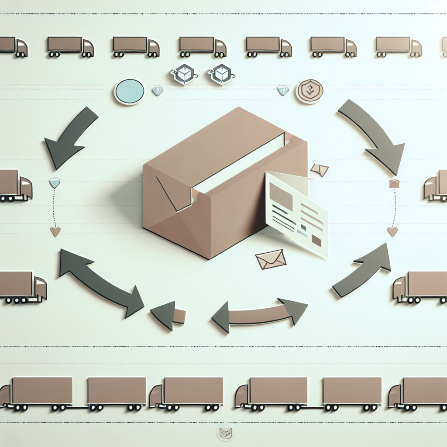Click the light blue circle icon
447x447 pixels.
pyautogui.click(x=129, y=92)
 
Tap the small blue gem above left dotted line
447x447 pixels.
pyautogui.click(x=54, y=182)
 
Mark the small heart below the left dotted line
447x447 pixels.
pyautogui.click(x=55, y=231)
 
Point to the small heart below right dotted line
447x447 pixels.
pyautogui.click(x=392, y=231)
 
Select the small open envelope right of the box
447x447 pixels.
pyautogui.click(x=320, y=170)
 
